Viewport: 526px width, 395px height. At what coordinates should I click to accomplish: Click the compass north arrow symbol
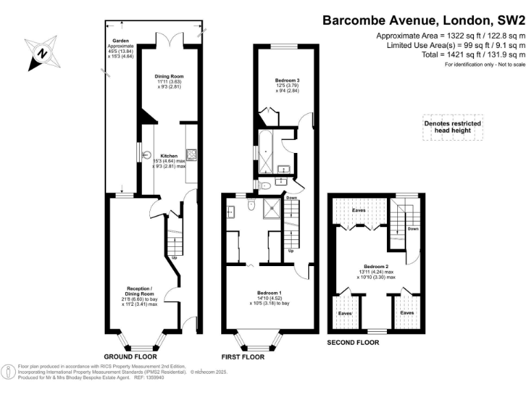[x=42, y=53]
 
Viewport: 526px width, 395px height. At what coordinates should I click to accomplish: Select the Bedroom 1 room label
[x=269, y=293]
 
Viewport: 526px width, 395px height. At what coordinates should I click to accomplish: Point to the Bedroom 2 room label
[x=376, y=266]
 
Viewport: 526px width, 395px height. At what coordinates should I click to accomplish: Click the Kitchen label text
[x=169, y=155]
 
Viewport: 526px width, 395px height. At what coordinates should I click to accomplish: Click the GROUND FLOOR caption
[x=130, y=357]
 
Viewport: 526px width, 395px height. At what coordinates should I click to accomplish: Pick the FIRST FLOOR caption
[x=243, y=357]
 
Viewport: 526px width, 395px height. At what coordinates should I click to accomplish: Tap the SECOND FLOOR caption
[x=353, y=342]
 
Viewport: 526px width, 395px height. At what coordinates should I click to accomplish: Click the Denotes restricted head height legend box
[x=451, y=128]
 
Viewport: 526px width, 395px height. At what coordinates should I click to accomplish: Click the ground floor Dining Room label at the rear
[x=169, y=76]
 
